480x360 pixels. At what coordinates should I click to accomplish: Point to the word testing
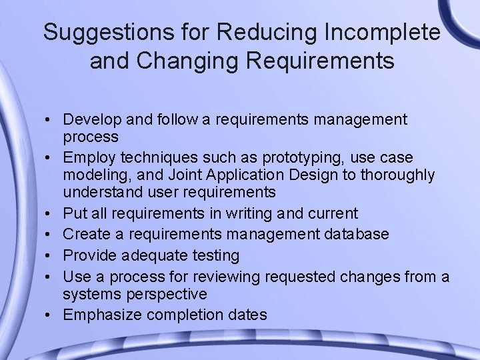[x=215, y=255]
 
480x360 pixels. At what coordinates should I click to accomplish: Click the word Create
[x=84, y=234]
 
